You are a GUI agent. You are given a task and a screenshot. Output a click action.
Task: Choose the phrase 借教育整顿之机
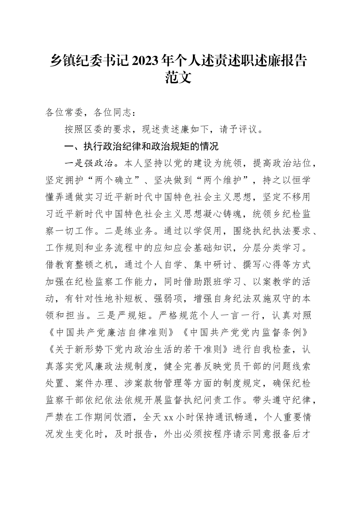click(79, 265)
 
